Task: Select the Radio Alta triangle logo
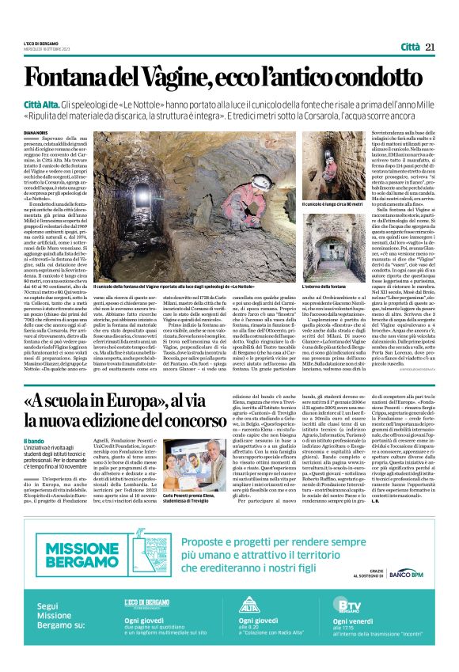pyautogui.click(x=248, y=606)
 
